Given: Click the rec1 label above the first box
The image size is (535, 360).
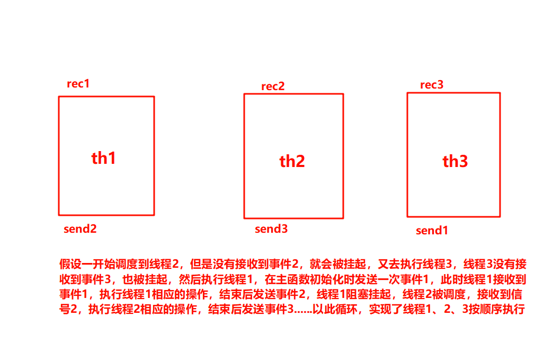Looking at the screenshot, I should (x=78, y=84).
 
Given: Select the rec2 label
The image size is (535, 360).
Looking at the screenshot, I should (x=273, y=86).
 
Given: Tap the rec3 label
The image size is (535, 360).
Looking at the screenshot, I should (x=432, y=85).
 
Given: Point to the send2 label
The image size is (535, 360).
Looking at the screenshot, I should (x=80, y=229).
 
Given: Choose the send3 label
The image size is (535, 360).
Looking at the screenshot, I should (x=271, y=229).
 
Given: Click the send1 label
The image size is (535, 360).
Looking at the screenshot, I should (x=432, y=231).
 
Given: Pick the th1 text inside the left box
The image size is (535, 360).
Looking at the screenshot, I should (x=104, y=158).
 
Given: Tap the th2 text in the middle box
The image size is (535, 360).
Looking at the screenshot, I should (x=292, y=161).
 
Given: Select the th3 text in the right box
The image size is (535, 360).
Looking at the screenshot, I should (x=455, y=161).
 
